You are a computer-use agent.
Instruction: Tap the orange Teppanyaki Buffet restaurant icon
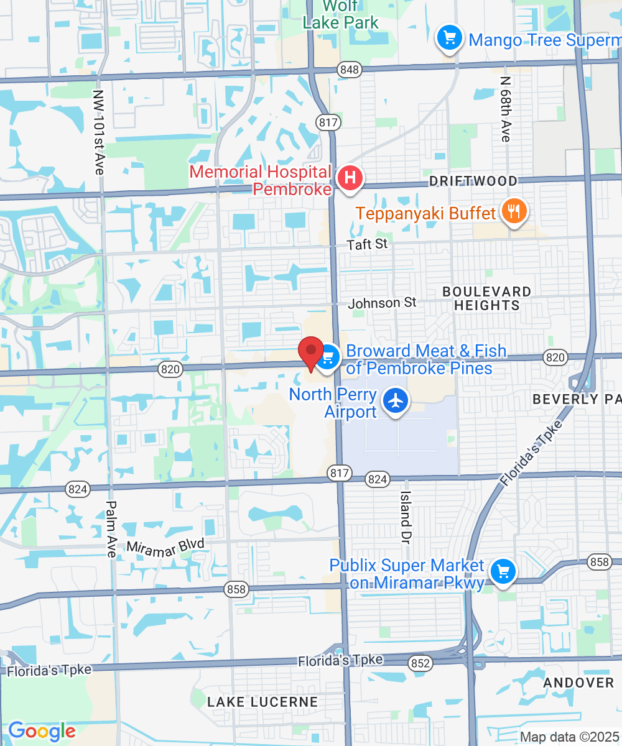[x=513, y=213]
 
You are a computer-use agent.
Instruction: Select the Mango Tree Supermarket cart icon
[x=449, y=39]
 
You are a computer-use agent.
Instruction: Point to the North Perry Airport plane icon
[x=395, y=401]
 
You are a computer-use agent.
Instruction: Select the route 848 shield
[x=350, y=70]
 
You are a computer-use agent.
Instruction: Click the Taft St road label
[x=367, y=244]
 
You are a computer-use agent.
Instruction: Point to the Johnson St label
[x=382, y=303]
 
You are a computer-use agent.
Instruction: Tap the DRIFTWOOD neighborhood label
[x=473, y=181]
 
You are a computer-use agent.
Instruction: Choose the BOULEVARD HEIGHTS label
[x=486, y=298]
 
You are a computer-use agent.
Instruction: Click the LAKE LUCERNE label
[x=262, y=702]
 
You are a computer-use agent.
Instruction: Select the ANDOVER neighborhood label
[x=578, y=683]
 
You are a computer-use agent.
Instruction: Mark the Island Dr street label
[x=406, y=515]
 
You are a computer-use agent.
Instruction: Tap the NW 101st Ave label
[x=99, y=132]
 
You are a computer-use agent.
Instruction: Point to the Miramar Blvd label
[x=165, y=546]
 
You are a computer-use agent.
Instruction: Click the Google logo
[x=42, y=731]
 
